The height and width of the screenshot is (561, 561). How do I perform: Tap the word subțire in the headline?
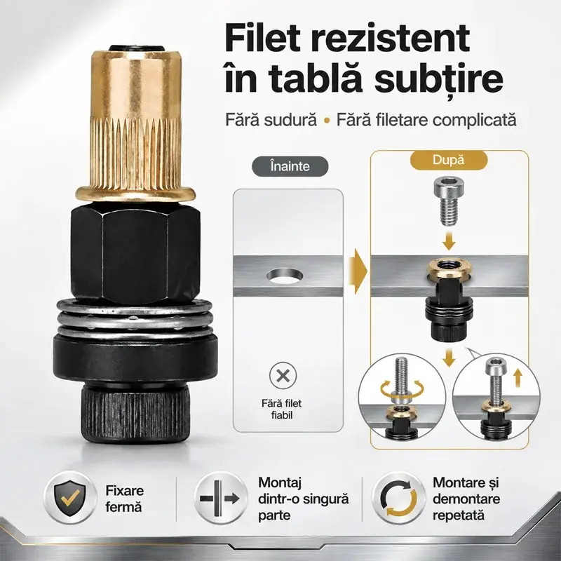(439, 80)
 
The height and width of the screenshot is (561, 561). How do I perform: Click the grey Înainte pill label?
(290, 166)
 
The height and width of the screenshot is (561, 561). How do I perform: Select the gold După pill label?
(448, 160)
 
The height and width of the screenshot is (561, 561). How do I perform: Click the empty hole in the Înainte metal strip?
(285, 276)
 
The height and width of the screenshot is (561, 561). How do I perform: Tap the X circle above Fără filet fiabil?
(283, 376)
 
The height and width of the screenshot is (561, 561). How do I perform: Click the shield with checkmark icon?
(70, 498)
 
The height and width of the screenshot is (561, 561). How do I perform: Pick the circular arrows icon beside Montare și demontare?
(398, 498)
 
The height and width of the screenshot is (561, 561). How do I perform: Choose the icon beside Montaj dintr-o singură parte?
(219, 499)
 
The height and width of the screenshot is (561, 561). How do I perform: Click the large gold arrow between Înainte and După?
(360, 271)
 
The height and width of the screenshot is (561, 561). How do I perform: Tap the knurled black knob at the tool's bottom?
(135, 414)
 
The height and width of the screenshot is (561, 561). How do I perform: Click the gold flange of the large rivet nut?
(135, 193)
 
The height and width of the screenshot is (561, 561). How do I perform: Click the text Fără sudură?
(271, 120)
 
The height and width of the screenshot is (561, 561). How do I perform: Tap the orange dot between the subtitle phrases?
(326, 121)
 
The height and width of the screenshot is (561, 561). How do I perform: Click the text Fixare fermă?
(125, 499)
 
